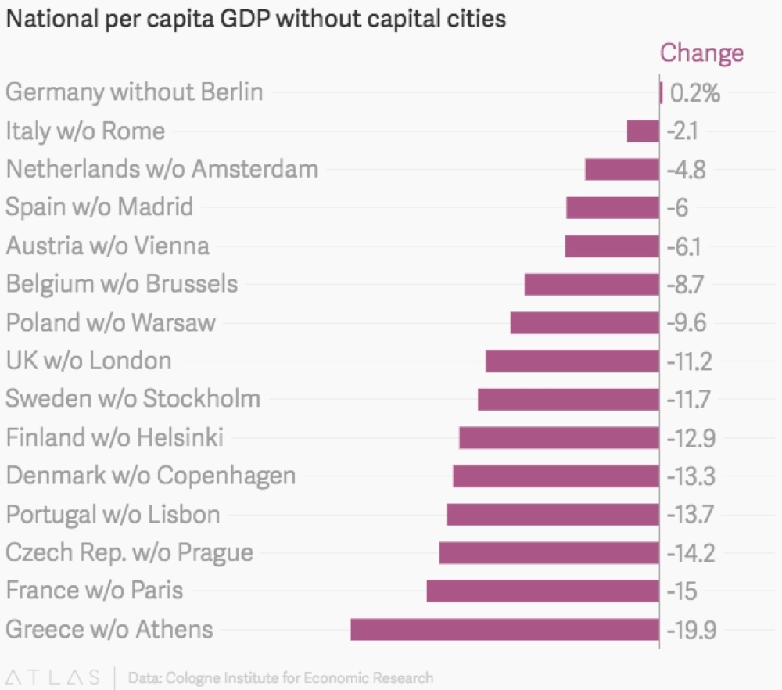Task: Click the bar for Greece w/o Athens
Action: coord(504,629)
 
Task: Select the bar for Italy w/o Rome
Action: coord(643,131)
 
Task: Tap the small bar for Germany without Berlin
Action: coord(662,93)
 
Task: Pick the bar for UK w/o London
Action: coord(572,361)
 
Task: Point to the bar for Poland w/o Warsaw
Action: coord(584,322)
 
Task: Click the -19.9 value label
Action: coord(691,629)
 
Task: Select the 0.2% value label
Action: coord(695,93)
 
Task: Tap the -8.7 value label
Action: coord(686,284)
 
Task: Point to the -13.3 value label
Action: coord(690,476)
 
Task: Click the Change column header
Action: coord(701,53)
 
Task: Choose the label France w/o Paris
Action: coord(95,590)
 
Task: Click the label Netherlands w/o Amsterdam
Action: coord(162,169)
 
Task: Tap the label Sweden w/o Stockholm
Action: coord(133,398)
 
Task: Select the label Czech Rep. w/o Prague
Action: coord(130,552)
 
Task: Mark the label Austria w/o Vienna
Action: coord(108,246)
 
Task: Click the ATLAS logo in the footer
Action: coord(52,677)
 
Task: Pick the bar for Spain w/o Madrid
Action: coord(612,207)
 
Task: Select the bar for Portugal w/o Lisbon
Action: coord(553,514)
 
